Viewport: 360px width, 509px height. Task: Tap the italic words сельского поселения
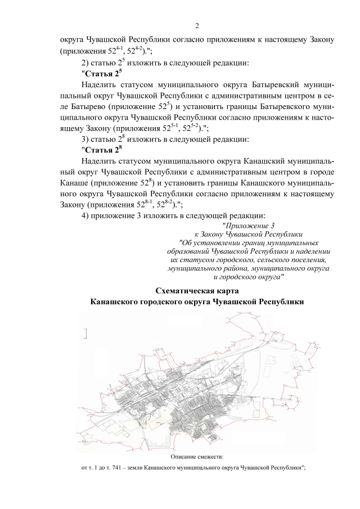pyautogui.click(x=292, y=260)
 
